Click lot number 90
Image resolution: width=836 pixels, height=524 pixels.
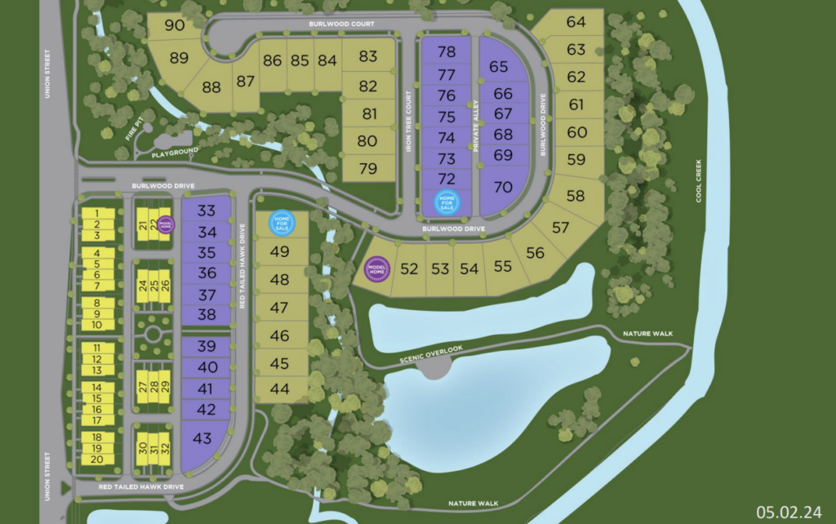174,25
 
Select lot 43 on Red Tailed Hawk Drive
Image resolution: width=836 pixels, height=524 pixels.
202,438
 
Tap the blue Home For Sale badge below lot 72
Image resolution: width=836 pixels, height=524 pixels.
447,202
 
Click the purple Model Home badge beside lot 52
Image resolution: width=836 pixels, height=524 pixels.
377,269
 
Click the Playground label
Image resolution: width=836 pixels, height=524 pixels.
173,152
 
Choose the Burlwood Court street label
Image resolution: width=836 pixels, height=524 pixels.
341,24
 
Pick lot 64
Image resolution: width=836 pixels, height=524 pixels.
576,22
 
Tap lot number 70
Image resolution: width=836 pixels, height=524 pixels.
503,187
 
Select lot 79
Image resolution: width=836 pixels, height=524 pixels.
368,169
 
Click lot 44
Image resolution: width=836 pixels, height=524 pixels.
279,389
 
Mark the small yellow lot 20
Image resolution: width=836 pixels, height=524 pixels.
96,460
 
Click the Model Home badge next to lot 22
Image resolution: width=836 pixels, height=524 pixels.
166,224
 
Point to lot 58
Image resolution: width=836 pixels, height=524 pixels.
576,196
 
